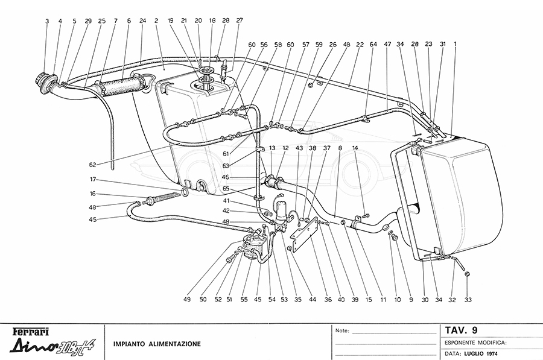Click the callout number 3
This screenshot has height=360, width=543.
point(46,21)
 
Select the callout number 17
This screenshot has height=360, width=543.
point(94,179)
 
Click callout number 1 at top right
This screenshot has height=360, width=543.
point(455,43)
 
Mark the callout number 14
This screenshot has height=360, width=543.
point(355,148)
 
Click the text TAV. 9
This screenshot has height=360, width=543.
point(462,330)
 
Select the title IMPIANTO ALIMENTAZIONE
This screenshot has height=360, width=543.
point(157,344)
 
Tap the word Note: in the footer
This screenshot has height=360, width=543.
point(342,331)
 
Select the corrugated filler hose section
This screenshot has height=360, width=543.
point(123,86)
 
